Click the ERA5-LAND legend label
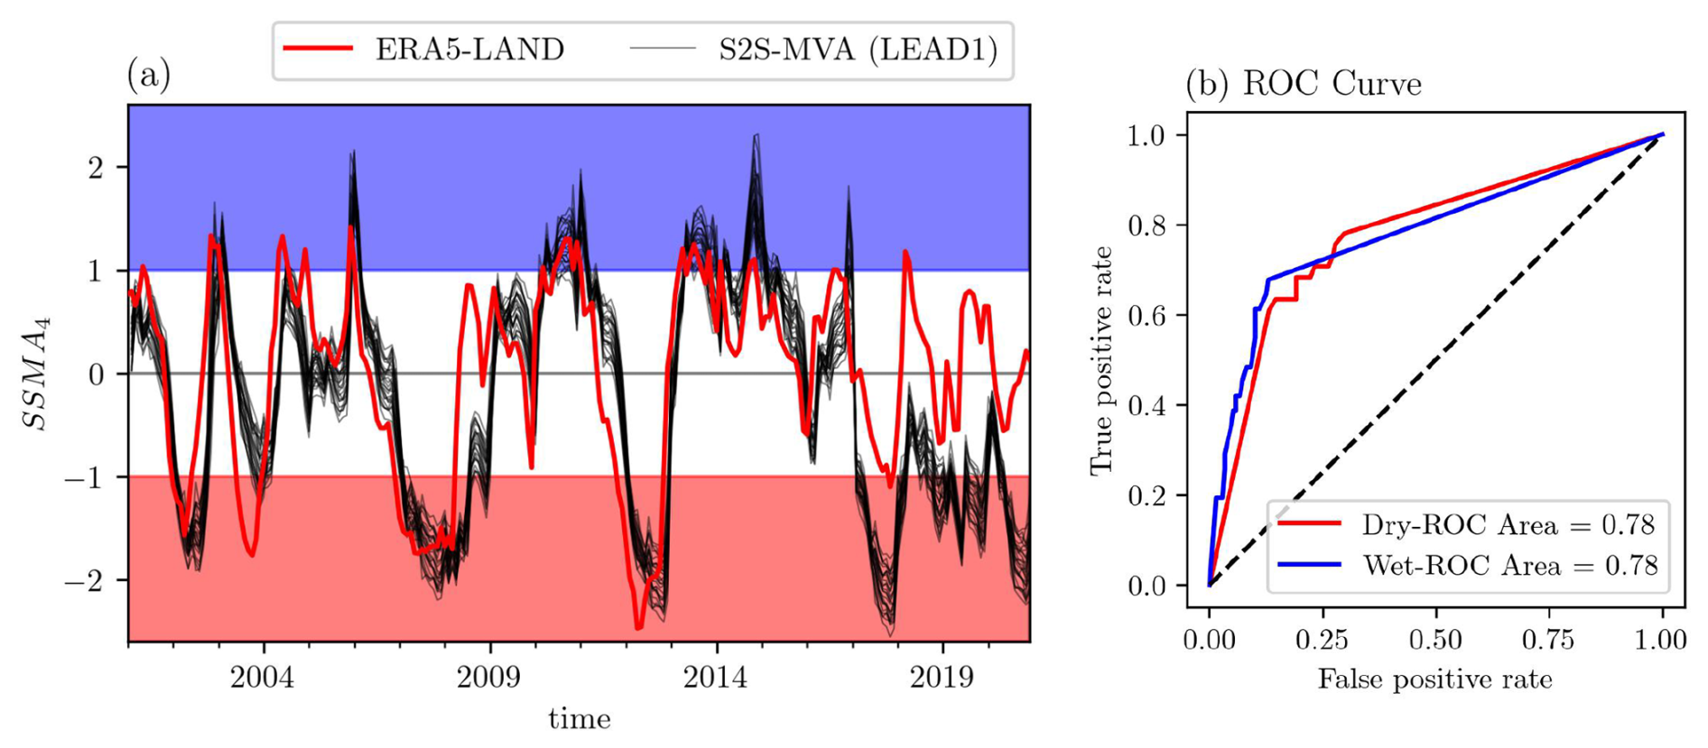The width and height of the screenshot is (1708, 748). pos(469,49)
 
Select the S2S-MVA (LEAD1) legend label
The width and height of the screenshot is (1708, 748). pos(858,49)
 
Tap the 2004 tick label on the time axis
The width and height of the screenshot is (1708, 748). pos(262,678)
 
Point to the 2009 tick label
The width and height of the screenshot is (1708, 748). pos(488,678)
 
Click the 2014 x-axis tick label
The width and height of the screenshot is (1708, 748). pos(716,678)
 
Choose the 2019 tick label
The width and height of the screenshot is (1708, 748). pos(942,678)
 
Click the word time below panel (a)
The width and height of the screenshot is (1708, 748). pos(580,719)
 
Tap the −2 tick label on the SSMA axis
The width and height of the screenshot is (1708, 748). pos(85,580)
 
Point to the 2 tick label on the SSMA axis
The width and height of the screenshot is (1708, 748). pos(96,168)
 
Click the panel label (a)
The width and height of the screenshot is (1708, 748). pos(149,75)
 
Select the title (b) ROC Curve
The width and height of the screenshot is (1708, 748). pos(1303,84)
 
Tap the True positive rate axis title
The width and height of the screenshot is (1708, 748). pos(1101,360)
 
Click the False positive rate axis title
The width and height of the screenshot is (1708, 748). pos(1434,679)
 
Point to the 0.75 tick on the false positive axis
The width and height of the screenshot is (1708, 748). pos(1547,640)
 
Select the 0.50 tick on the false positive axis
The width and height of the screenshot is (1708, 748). pos(1434,640)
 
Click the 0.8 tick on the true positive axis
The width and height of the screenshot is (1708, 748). pos(1146,226)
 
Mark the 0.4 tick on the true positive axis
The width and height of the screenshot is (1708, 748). pos(1146,406)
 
